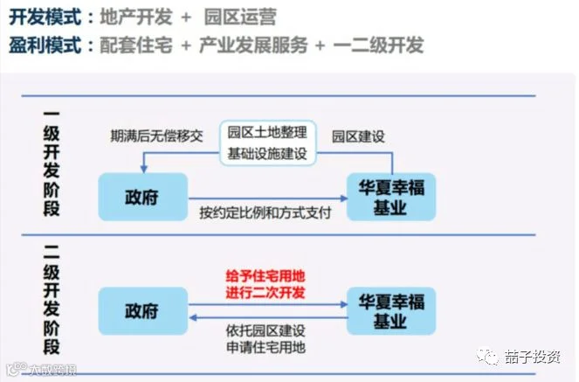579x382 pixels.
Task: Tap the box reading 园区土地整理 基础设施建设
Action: coord(267,142)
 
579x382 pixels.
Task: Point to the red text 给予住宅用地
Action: coord(266,275)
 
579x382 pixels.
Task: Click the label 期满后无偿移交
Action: coord(156,136)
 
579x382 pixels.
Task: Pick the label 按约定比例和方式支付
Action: coord(265,212)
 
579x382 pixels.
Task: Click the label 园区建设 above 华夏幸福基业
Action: coord(358,136)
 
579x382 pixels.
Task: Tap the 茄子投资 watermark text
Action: coord(532,357)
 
